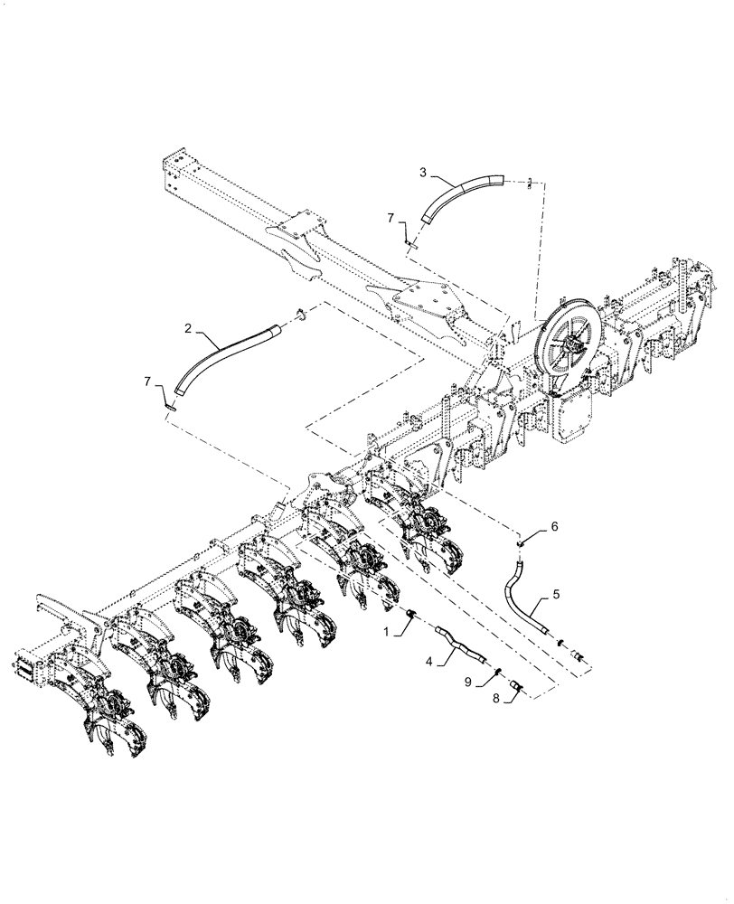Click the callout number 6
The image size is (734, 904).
coord(555,525)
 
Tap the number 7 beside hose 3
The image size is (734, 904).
coord(391,218)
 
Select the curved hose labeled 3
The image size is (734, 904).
coord(461,193)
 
